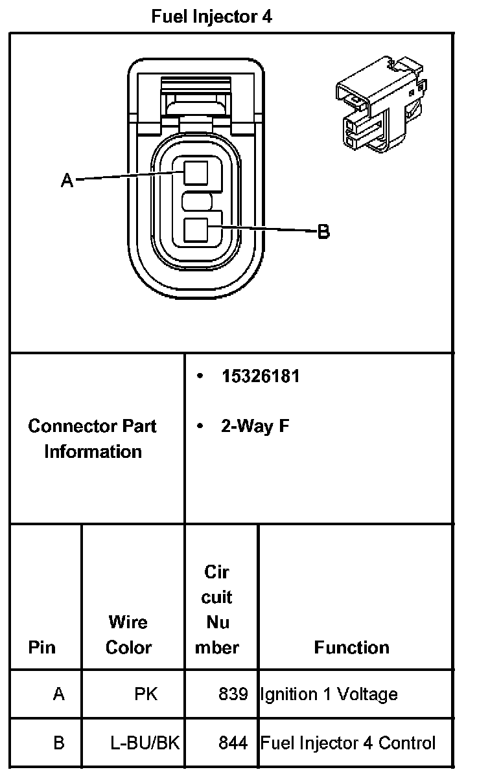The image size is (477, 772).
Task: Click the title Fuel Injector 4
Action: coord(212,17)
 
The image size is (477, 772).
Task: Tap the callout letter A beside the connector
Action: coord(67,181)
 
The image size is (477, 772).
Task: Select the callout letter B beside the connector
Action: coord(323,231)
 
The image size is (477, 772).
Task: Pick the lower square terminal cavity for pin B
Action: coord(196,230)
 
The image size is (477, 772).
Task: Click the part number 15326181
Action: coord(261,376)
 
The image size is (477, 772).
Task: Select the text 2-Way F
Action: coord(255,426)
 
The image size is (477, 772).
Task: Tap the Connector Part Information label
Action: coord(93,438)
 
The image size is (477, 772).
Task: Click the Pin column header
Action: coord(42,647)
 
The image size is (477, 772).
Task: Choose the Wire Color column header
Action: coord(128,635)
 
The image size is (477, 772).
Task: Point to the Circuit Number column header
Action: coord(217,609)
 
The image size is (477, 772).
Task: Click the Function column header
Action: coord(352,647)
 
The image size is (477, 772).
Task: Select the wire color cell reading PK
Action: coord(146,694)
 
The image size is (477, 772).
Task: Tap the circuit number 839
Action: coord(233,694)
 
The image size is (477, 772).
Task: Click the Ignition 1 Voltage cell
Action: coord(329,694)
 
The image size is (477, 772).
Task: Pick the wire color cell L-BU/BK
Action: coord(145,743)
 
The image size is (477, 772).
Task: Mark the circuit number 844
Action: coord(233,743)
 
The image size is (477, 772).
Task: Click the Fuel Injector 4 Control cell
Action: coord(348,743)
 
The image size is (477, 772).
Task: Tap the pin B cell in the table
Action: coord(58,743)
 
